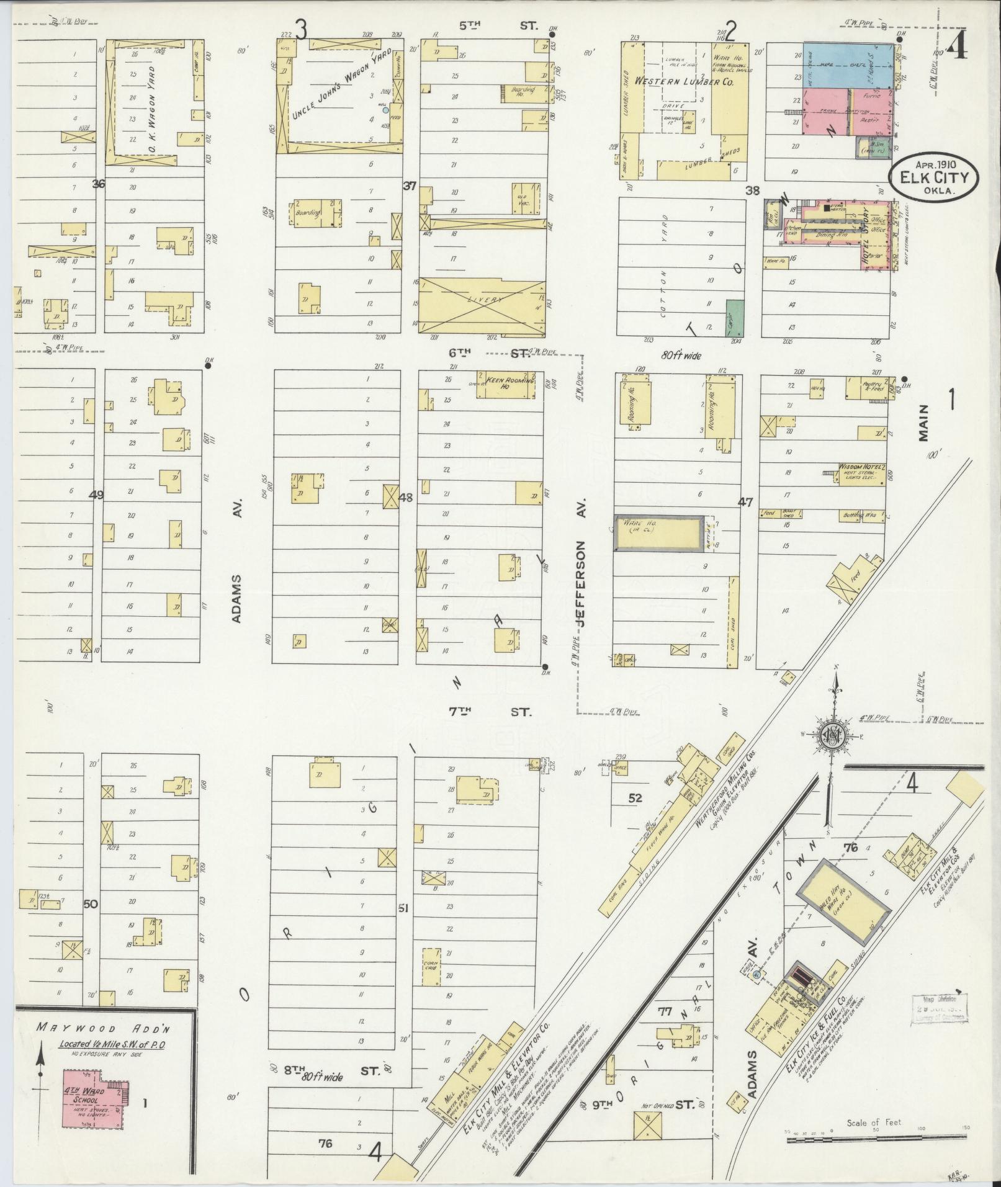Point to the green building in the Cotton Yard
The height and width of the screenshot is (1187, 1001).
point(735,318)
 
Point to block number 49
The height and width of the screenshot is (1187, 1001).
point(96,495)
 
